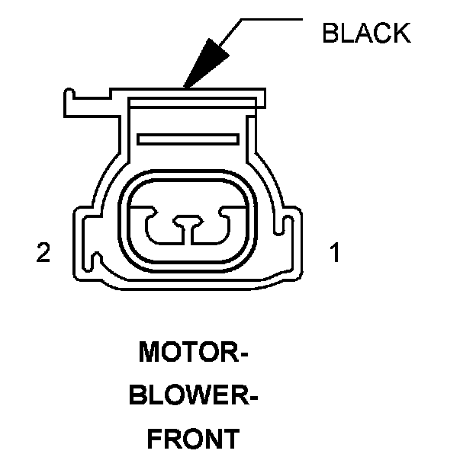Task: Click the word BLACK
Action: pyautogui.click(x=366, y=33)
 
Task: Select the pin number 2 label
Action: pyautogui.click(x=43, y=253)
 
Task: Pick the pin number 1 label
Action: pyautogui.click(x=333, y=253)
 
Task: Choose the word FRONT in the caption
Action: pyautogui.click(x=191, y=439)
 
